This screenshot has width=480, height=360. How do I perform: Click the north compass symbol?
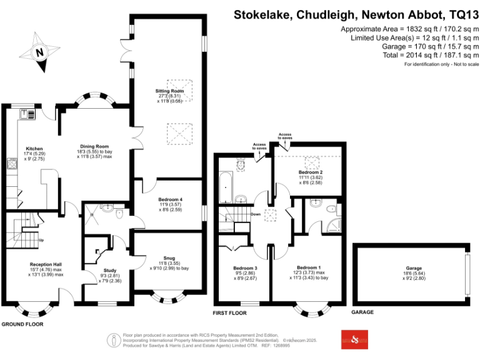(x=39, y=52)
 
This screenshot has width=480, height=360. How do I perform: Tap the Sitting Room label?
(x=169, y=91)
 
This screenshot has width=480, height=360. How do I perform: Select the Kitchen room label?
(x=26, y=149)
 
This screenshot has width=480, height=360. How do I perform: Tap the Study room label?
(x=110, y=271)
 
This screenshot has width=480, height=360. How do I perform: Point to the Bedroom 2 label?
(x=311, y=172)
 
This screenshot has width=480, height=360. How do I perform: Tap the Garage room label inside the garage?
(x=414, y=267)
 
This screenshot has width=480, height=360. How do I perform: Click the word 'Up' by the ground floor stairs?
(x=41, y=240)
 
